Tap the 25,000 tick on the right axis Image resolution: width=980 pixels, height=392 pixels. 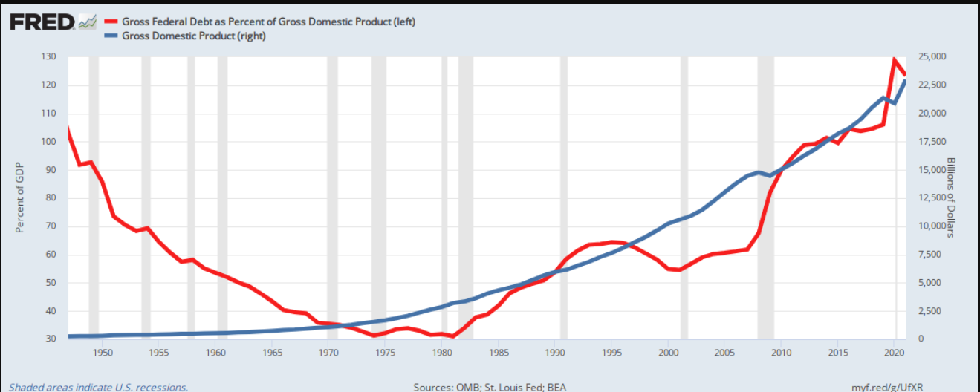925,57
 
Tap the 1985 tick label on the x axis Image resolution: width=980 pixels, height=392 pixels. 499,353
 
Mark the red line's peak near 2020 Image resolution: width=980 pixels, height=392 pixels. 895,59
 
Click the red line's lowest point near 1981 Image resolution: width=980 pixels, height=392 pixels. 453,336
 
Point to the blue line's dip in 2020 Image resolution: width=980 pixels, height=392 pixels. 895,103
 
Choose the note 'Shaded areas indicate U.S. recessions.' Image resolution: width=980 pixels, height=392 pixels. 98,387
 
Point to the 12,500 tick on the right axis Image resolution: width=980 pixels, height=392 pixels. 925,198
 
